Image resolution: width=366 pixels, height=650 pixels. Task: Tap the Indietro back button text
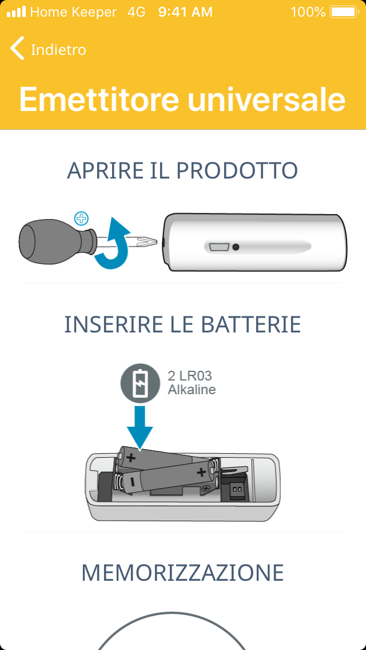pyautogui.click(x=58, y=50)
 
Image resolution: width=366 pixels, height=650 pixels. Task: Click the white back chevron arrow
pyautogui.click(x=17, y=48)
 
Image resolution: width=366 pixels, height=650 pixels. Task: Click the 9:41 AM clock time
pyautogui.click(x=185, y=12)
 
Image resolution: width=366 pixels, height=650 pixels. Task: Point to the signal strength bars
pyautogui.click(x=16, y=12)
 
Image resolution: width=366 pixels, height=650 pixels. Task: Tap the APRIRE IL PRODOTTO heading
pyautogui.click(x=182, y=171)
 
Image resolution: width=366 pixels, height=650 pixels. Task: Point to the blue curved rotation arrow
pyautogui.click(x=113, y=244)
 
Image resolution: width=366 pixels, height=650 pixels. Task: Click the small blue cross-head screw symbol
pyautogui.click(x=81, y=218)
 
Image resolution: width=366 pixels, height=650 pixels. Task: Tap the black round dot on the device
pyautogui.click(x=236, y=247)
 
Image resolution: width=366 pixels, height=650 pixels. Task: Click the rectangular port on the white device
pyautogui.click(x=219, y=247)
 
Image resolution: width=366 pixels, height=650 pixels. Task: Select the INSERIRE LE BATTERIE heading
pyautogui.click(x=182, y=325)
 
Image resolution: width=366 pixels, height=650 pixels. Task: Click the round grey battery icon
pyautogui.click(x=140, y=383)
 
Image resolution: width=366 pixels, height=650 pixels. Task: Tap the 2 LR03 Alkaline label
pyautogui.click(x=192, y=383)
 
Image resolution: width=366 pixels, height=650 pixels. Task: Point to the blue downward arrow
pyautogui.click(x=140, y=427)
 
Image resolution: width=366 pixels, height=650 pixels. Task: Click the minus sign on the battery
pyautogui.click(x=132, y=482)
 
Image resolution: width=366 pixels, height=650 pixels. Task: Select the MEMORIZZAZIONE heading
pyautogui.click(x=182, y=573)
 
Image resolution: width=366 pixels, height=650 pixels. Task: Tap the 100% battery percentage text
pyautogui.click(x=308, y=12)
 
